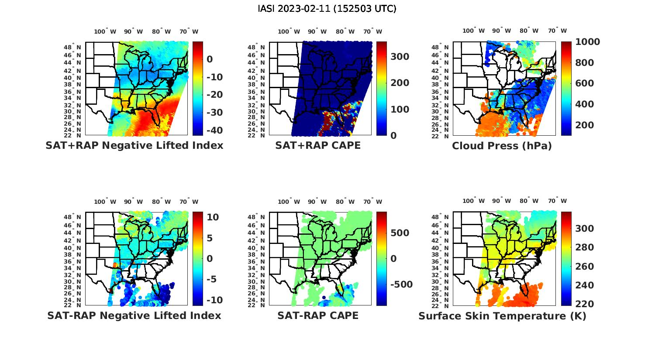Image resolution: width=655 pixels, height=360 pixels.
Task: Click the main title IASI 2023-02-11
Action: tap(327, 9)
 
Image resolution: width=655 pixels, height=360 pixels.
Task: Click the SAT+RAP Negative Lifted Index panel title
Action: tap(134, 145)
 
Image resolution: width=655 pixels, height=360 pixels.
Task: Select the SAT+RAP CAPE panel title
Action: tap(318, 145)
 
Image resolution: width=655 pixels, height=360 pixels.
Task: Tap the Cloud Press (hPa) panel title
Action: tap(502, 146)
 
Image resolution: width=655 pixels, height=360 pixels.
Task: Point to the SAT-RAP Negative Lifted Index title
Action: tap(134, 315)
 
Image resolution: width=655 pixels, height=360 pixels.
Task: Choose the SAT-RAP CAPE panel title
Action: tap(318, 315)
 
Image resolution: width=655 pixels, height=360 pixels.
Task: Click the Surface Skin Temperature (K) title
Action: tap(502, 316)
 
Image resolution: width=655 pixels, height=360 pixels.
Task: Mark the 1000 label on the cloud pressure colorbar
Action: tap(588, 42)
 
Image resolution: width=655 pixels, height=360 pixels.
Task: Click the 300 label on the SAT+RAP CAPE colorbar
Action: tap(400, 57)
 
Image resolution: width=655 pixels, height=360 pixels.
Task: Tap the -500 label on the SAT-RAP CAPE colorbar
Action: tap(401, 285)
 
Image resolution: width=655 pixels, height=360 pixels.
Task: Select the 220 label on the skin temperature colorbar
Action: tap(585, 304)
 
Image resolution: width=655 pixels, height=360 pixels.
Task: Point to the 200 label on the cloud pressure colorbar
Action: tap(585, 125)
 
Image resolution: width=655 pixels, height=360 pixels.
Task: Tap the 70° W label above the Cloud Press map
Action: tap(557, 31)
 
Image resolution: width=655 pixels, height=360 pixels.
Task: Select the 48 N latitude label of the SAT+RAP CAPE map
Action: tap(256, 48)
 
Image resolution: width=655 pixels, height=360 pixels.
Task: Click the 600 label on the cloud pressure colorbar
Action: tap(585, 83)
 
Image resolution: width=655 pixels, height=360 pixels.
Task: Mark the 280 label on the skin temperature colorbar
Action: tap(585, 247)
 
